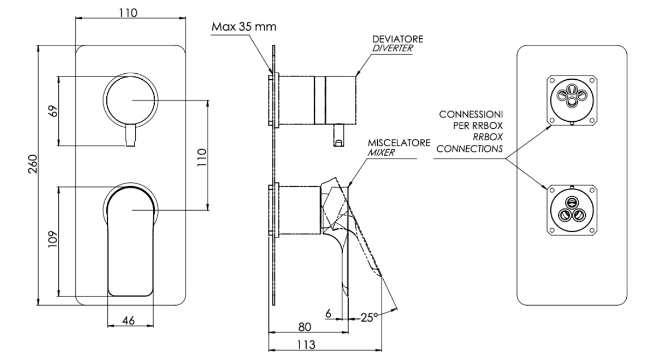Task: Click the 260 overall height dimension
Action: [x=33, y=164]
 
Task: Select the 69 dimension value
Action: [x=54, y=111]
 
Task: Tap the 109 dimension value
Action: [x=53, y=239]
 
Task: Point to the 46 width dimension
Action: [x=128, y=321]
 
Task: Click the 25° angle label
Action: [x=369, y=317]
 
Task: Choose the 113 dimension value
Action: [x=307, y=345]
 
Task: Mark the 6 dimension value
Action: [x=328, y=314]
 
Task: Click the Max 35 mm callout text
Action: [x=244, y=27]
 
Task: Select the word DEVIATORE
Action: [x=398, y=39]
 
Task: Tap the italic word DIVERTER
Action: [x=392, y=48]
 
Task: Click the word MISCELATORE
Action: [x=399, y=143]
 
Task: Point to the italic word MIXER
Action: [x=381, y=153]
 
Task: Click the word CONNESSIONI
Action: [x=471, y=114]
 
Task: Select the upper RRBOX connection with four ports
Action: [x=572, y=100]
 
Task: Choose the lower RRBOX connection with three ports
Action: [x=572, y=210]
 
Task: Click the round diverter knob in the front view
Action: [x=130, y=100]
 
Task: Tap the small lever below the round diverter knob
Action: [x=130, y=136]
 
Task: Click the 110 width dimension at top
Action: [x=128, y=13]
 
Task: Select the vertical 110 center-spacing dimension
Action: [x=202, y=157]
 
